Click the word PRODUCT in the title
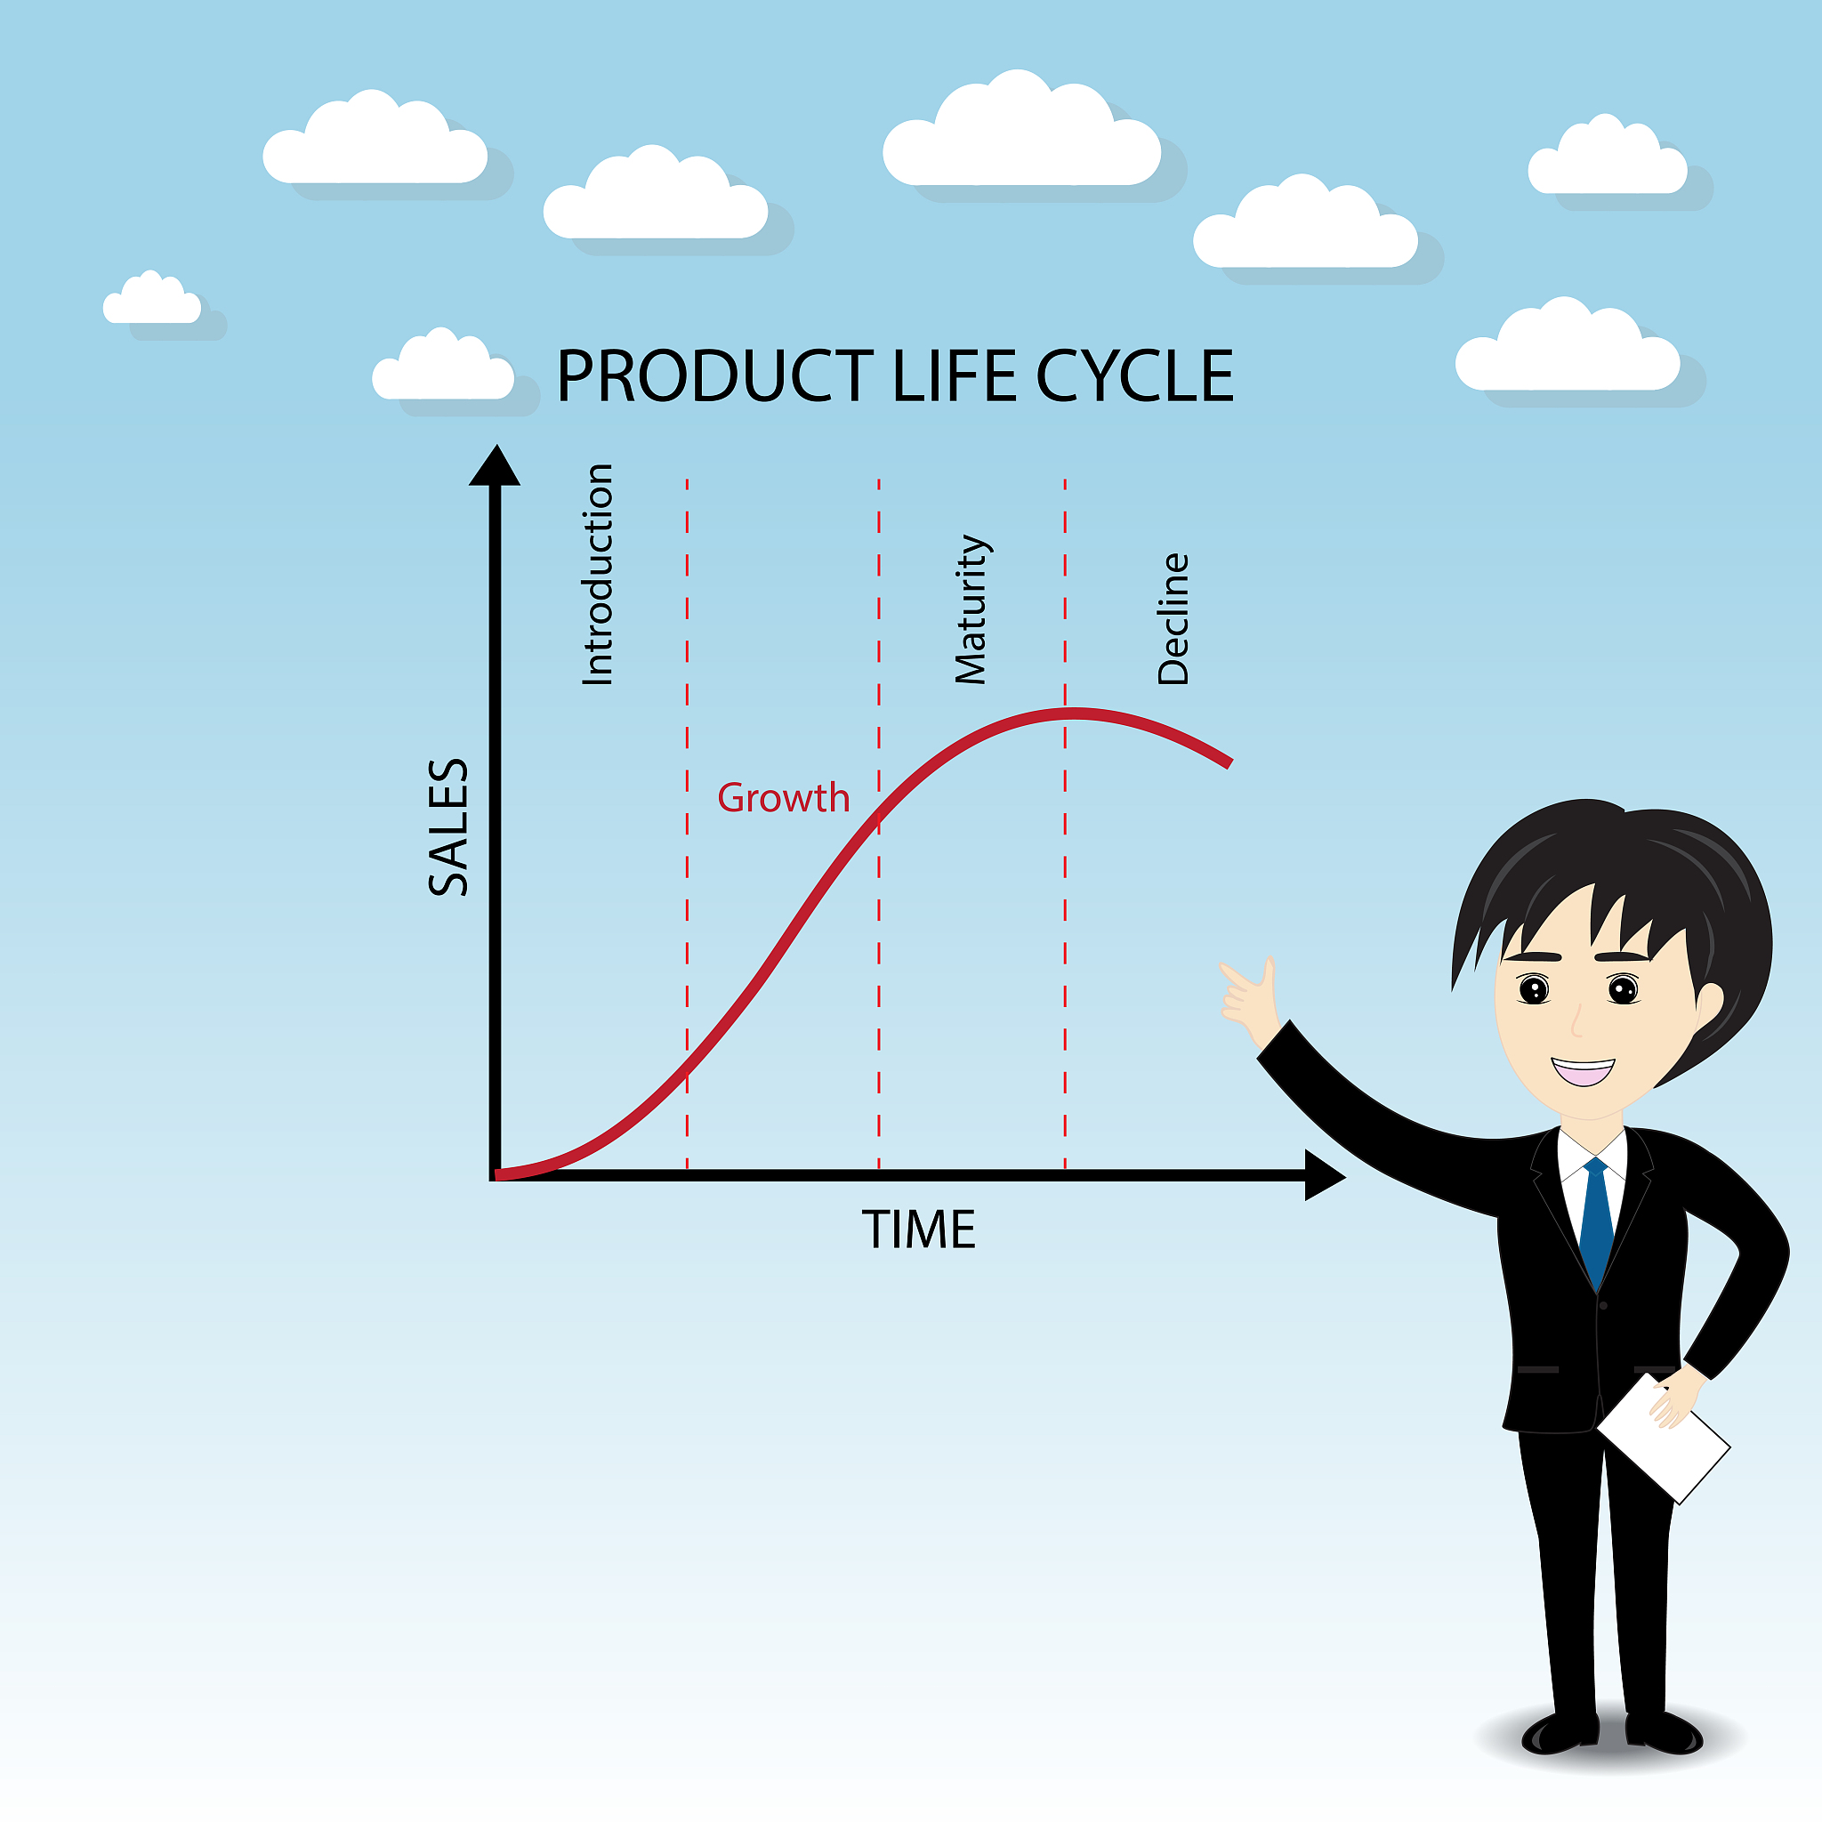tap(715, 375)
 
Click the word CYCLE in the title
tap(1134, 375)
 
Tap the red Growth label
tap(783, 798)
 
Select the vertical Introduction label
tap(598, 575)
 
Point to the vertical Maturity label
tap(971, 609)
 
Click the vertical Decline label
tap(1173, 618)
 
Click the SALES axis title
tap(448, 827)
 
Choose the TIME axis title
tap(918, 1229)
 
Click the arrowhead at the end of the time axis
tap(1324, 1175)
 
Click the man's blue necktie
tap(1597, 1221)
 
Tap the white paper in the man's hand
tap(1665, 1439)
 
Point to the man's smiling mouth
tap(1584, 1071)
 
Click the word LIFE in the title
tap(954, 375)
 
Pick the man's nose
tap(1576, 1023)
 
